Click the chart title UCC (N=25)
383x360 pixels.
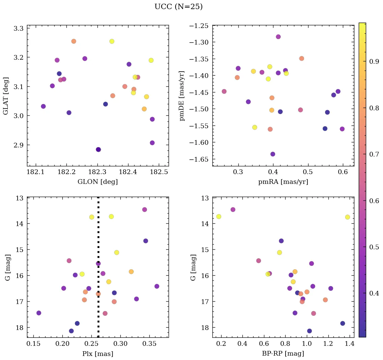click(x=178, y=7)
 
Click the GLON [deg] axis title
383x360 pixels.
click(x=97, y=182)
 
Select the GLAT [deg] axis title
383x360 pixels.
click(x=6, y=96)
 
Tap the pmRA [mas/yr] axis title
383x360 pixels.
click(x=283, y=182)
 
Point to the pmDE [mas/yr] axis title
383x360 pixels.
click(x=182, y=96)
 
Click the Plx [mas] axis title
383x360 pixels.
click(x=97, y=354)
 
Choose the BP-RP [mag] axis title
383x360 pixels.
click(x=283, y=354)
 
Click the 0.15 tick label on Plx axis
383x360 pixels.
click(x=33, y=344)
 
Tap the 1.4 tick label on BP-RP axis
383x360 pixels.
click(x=349, y=344)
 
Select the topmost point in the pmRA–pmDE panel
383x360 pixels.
click(x=278, y=37)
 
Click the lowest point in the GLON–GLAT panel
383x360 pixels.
click(x=98, y=149)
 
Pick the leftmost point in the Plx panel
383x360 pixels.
click(x=39, y=313)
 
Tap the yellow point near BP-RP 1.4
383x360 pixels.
click(x=347, y=217)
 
